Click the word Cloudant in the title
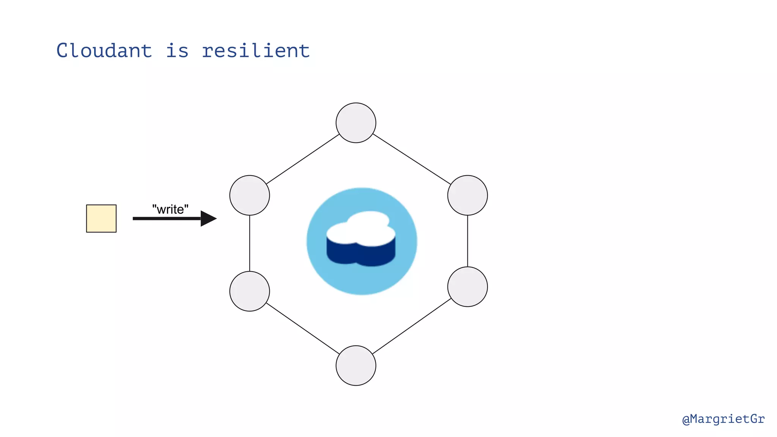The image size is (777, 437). point(104,50)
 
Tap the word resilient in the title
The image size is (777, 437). point(255,50)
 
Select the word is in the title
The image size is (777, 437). point(177,50)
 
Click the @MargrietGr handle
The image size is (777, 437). point(723,419)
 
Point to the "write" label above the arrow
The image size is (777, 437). point(170,209)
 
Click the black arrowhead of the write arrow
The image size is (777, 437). point(208,218)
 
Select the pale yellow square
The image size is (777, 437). point(101,218)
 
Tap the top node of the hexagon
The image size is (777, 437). point(356,123)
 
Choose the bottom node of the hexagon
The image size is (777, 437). point(356,366)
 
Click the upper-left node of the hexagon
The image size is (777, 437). point(250,195)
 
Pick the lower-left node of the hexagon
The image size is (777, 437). point(250,291)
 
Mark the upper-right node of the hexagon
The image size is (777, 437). point(467,195)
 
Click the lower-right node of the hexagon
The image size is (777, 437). point(467,287)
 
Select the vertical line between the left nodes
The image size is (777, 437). point(250,243)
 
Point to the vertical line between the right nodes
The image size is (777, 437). point(467,241)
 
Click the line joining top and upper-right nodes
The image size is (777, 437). point(412,159)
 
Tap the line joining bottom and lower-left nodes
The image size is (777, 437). point(303,329)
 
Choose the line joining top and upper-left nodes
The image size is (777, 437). point(303,159)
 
